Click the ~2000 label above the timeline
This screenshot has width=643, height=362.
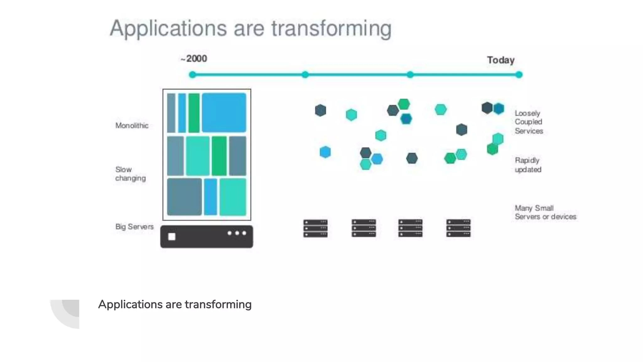tap(194, 59)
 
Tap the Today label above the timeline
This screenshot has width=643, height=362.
tap(500, 60)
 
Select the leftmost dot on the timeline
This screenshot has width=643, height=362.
tap(192, 75)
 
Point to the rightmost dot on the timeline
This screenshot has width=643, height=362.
tap(519, 75)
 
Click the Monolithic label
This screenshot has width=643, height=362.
tap(132, 126)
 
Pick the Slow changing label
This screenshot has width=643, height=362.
tap(130, 174)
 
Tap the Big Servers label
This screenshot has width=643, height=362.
tap(134, 227)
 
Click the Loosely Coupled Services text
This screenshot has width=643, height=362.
tap(529, 122)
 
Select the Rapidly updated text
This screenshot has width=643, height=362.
tap(528, 165)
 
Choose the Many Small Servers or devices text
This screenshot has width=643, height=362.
tap(545, 212)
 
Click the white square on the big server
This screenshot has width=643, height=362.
tap(172, 237)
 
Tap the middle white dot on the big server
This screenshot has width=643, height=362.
tap(237, 233)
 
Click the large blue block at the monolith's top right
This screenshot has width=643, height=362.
tap(224, 112)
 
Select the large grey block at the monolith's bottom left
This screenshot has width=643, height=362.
tap(184, 197)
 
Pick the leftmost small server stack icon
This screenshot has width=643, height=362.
tap(315, 228)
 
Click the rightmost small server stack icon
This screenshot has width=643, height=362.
tap(458, 228)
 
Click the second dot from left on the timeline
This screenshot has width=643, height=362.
tap(305, 75)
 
